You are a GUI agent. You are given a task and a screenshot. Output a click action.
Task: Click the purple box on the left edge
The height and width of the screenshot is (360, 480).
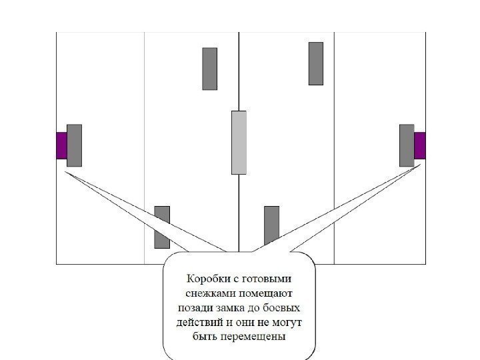(x=61, y=145)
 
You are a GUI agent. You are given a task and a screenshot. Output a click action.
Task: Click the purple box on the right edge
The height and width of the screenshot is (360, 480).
(x=419, y=145)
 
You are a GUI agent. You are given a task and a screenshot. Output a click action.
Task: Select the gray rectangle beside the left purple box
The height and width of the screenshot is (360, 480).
(x=74, y=145)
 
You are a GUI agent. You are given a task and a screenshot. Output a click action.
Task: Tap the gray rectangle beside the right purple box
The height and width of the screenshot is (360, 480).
(x=407, y=145)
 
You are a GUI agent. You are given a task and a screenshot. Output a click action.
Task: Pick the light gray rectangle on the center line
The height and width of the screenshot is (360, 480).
(x=239, y=143)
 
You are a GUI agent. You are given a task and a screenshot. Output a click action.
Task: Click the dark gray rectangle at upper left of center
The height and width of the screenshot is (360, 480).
(x=209, y=69)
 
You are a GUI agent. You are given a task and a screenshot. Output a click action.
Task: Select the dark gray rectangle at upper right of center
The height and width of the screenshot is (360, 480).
(x=316, y=63)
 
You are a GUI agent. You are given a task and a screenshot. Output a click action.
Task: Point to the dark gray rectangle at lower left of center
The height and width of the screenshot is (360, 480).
(x=162, y=227)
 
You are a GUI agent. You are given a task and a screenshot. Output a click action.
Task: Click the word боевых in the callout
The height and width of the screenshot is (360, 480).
(x=283, y=308)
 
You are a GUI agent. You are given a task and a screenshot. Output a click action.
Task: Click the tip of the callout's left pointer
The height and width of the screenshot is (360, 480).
(x=65, y=172)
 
